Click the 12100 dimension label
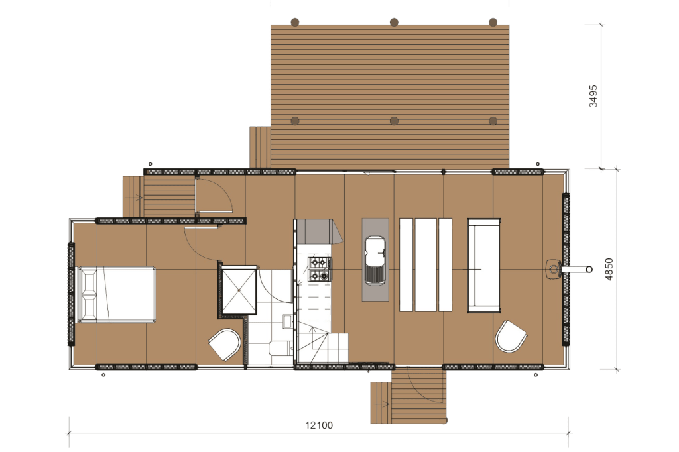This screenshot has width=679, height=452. point(319,425)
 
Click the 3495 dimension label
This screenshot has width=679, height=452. point(593,96)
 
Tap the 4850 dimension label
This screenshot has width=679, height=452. point(609,269)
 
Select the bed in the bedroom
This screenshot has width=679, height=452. point(116,295)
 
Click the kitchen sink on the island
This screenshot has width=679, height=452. point(375,260)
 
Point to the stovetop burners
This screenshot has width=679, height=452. point(320,269)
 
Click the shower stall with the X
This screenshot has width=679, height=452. point(239,289)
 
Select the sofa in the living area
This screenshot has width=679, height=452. point(484,265)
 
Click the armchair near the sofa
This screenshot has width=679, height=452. point(511,337)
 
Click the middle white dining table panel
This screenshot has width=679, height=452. point(426,265)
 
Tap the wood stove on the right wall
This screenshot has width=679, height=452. point(554,270)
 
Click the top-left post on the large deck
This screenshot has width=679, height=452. point(295,22)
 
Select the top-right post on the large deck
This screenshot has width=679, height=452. point(493,22)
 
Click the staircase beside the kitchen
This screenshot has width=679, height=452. point(323,344)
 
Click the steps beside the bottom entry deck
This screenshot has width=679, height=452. point(381,403)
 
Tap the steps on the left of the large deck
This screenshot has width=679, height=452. point(260,147)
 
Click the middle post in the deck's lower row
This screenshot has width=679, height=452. point(394,121)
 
